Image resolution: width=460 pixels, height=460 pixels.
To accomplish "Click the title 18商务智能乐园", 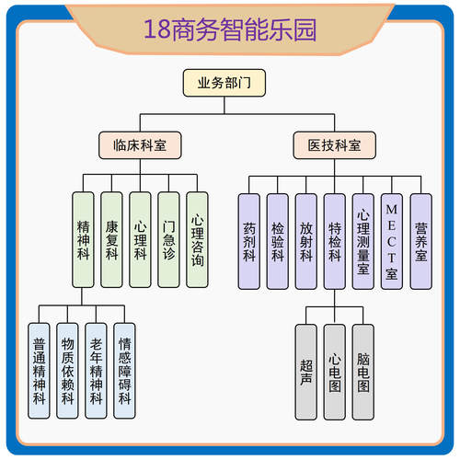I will pos(230,29).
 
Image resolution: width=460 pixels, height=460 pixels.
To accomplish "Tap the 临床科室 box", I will pos(140,144).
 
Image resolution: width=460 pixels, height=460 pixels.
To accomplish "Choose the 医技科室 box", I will pos(334,144).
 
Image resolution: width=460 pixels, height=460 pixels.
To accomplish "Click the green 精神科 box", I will pos(84,239).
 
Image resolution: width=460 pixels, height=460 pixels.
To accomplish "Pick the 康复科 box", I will pos(111,239).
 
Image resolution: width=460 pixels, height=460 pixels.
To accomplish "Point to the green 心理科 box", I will pos(140,239).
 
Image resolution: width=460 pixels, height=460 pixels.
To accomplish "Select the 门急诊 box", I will pos(168,239).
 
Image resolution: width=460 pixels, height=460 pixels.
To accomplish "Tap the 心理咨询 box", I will pos(197,239).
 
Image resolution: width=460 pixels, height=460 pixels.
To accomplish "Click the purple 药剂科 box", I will pos(249,241).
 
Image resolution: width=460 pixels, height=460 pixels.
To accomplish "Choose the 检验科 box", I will pos(278,241).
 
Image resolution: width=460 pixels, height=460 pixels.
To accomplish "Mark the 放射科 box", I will pos(306,241).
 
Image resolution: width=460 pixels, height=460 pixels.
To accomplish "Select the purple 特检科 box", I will pos(335,241).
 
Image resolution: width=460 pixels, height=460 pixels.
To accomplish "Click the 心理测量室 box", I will pos(363,241).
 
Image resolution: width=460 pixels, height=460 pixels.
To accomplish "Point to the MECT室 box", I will pos(392,241).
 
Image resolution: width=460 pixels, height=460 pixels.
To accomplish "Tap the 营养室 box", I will pos(420,241).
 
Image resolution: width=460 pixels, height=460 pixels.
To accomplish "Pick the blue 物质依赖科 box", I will pos(67,370).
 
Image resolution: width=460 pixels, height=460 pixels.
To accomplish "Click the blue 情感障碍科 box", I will pos(124,370).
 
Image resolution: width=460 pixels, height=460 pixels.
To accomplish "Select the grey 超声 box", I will pos(306,370).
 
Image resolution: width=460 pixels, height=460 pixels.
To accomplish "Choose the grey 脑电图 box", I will pos(363,370).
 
